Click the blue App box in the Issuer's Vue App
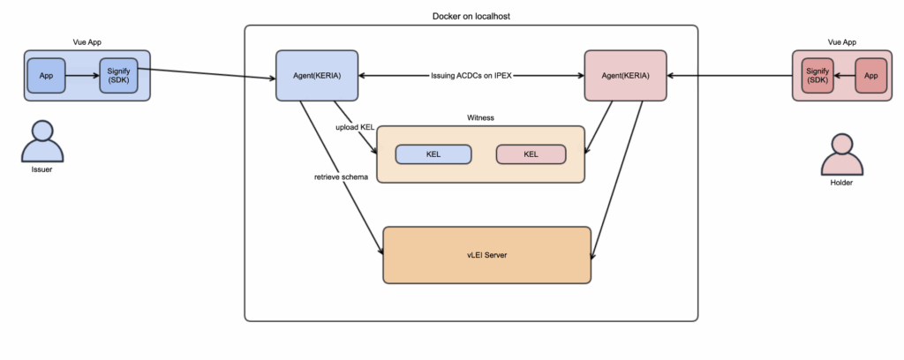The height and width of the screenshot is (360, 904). click(46, 76)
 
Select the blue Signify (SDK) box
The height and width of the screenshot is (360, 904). click(119, 76)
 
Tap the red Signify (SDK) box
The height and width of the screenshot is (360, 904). click(817, 76)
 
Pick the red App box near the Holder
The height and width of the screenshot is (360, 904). click(871, 76)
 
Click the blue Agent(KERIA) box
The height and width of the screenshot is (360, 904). click(317, 76)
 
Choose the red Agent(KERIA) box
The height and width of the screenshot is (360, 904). click(626, 76)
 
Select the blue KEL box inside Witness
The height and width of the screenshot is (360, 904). click(433, 154)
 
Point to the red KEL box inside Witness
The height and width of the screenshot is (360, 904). click(531, 154)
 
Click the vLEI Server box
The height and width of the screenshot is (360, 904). click(487, 255)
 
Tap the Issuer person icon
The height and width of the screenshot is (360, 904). click(42, 141)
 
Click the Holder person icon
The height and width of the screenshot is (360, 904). click(842, 154)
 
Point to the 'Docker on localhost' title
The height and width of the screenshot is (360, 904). click(471, 16)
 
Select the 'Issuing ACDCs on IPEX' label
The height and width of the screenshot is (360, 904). click(471, 76)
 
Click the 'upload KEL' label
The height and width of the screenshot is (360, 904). click(355, 127)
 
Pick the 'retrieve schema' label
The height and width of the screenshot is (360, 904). click(341, 176)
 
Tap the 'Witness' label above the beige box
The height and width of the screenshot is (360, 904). click(480, 117)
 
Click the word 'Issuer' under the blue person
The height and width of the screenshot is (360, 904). click(41, 169)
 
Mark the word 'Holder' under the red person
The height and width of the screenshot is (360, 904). click(841, 183)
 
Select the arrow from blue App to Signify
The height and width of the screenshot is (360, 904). click(82, 76)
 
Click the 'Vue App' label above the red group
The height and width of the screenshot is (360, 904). click(842, 42)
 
